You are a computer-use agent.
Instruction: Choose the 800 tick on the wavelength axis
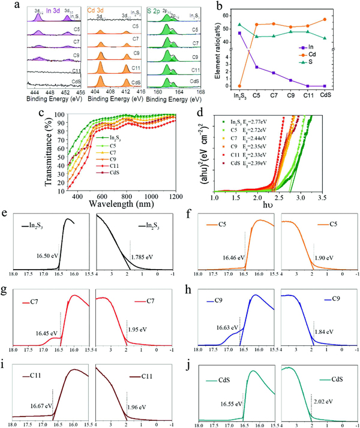[x=124, y=193]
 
